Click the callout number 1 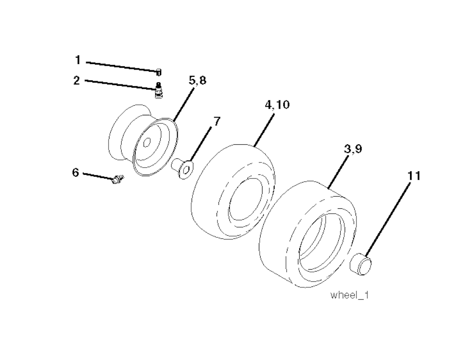(x=78, y=60)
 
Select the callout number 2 (x=77, y=80)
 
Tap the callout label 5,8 (x=198, y=80)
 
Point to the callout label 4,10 (x=277, y=105)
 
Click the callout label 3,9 (x=353, y=148)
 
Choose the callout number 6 (x=76, y=172)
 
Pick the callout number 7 (x=217, y=121)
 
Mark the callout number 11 (x=414, y=176)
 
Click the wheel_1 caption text (x=349, y=295)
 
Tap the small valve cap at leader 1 (x=159, y=72)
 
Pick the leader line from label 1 (x=122, y=66)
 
